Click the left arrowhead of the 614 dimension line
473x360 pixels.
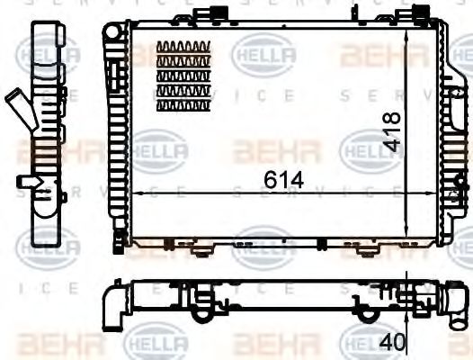coord(133,193)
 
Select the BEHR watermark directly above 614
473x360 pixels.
coord(263,149)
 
